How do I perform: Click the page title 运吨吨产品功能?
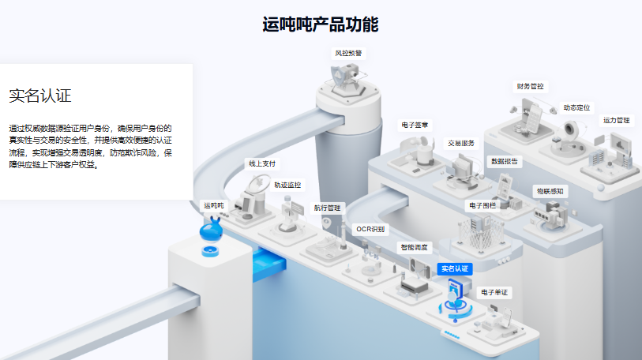click(x=320, y=24)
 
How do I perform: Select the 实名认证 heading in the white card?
click(x=40, y=96)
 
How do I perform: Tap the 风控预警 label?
click(x=348, y=53)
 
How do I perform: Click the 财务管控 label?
click(x=530, y=86)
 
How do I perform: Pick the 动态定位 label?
click(x=576, y=107)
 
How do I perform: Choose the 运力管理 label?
click(x=616, y=121)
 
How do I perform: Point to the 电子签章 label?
click(x=415, y=125)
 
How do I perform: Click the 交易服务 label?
click(x=461, y=144)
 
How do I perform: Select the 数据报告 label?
click(x=505, y=161)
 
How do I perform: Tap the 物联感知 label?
click(x=550, y=191)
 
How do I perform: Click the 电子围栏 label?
click(x=482, y=205)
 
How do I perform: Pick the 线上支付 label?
click(x=262, y=164)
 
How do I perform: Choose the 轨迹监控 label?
click(x=287, y=185)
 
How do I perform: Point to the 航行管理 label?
click(x=327, y=208)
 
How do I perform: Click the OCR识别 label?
click(x=370, y=230)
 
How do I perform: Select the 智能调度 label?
click(x=414, y=247)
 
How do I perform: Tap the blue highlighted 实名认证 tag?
click(x=455, y=268)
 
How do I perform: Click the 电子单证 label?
click(x=494, y=292)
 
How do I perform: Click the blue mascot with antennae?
click(x=212, y=231)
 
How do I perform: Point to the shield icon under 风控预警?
click(x=338, y=76)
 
